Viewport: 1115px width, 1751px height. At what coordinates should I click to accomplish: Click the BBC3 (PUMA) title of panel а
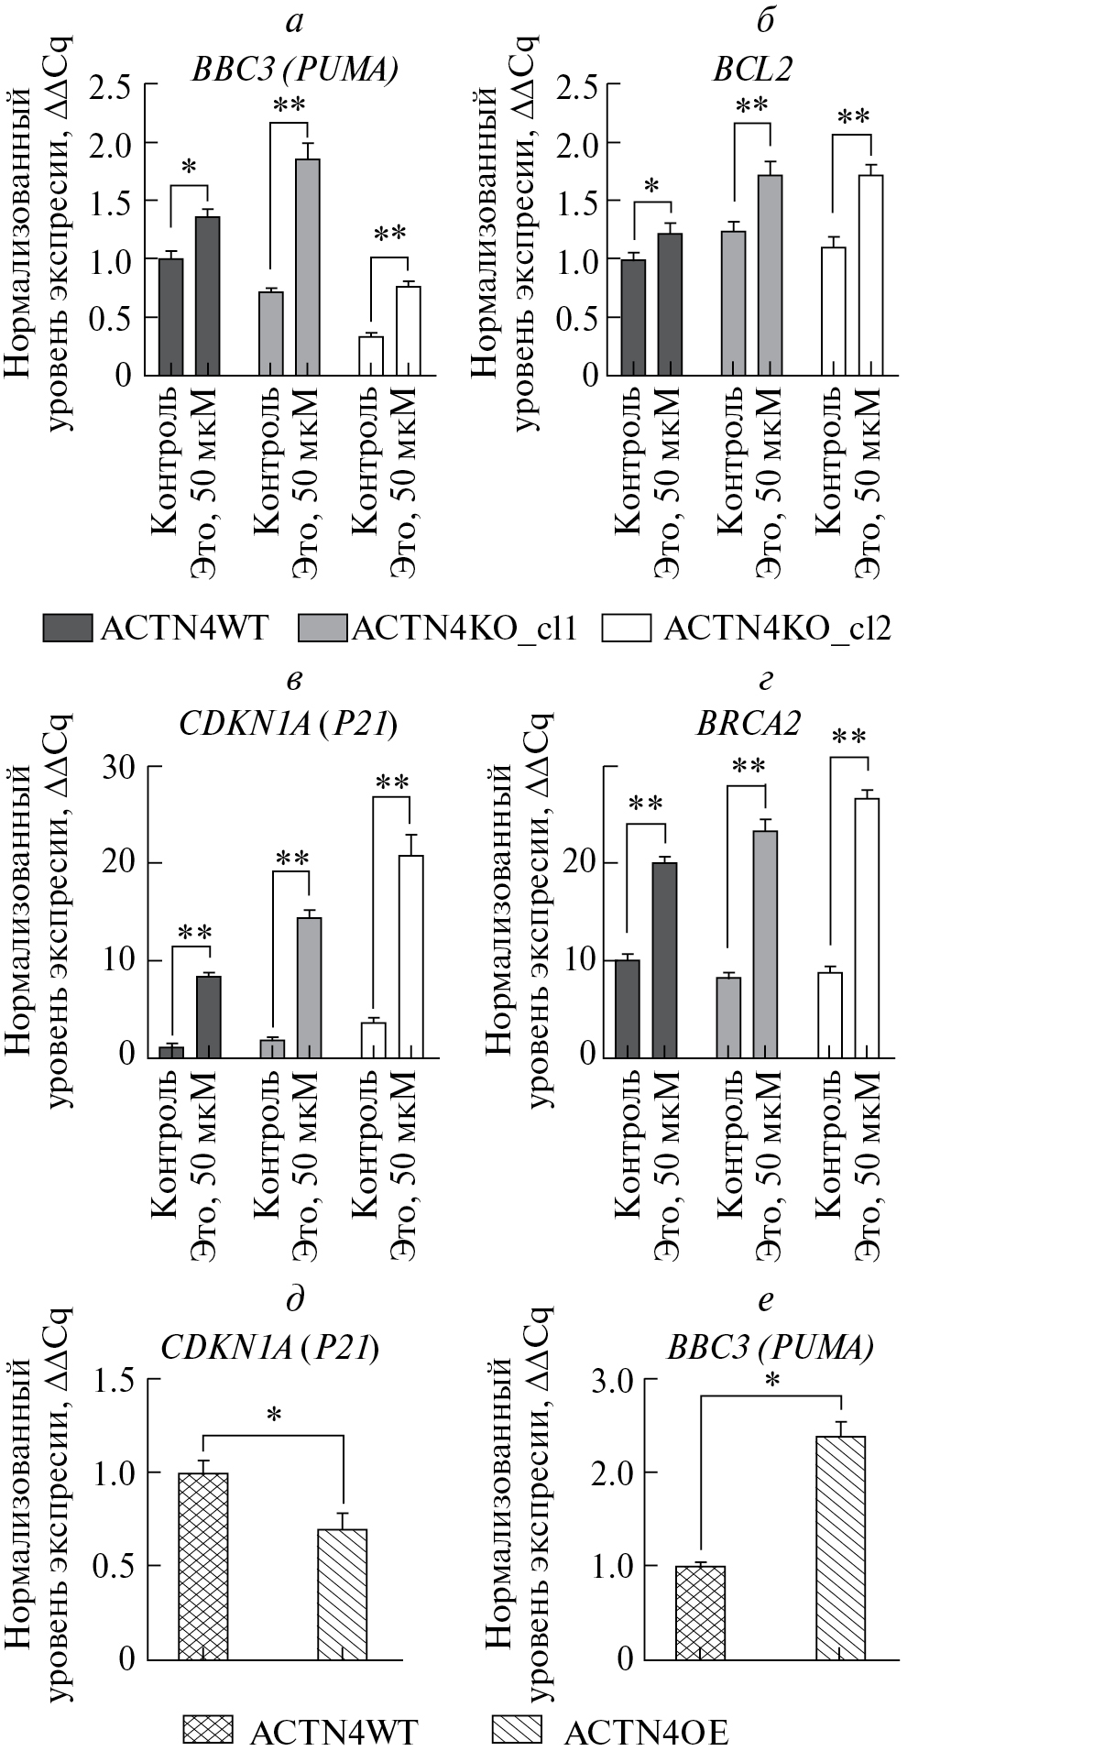(294, 71)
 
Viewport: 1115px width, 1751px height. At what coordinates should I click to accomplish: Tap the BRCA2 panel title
(748, 724)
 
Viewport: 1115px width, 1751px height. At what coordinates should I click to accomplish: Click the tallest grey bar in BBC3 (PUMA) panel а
(308, 267)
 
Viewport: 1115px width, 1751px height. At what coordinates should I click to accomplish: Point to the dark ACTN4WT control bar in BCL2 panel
(633, 317)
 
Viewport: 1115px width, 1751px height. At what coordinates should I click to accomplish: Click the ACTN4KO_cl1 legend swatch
(323, 629)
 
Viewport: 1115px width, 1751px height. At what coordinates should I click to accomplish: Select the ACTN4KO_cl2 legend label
(777, 629)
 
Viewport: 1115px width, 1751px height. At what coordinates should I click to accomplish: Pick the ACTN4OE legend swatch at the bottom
(518, 1730)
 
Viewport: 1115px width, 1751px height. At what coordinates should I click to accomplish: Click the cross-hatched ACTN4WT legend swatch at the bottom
(208, 1730)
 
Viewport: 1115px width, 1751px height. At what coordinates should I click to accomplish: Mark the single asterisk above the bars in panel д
(274, 1417)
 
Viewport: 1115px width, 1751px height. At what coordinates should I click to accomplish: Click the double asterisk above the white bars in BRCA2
(848, 738)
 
